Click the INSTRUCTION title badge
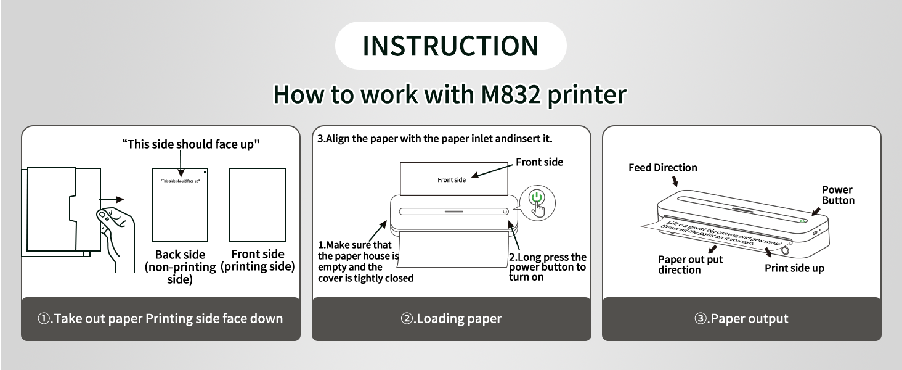click(x=450, y=46)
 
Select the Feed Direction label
click(x=663, y=168)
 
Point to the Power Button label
click(x=838, y=195)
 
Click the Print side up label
click(x=794, y=268)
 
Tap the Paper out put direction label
click(x=690, y=265)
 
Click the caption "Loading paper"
click(x=451, y=319)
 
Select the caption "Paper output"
click(x=741, y=319)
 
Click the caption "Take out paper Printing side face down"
click(x=160, y=319)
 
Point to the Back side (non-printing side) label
click(x=180, y=266)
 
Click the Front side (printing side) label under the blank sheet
click(x=258, y=260)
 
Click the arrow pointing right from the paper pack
click(x=113, y=199)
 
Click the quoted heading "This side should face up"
click(x=191, y=144)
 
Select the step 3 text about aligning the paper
click(x=434, y=139)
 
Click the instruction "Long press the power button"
click(x=547, y=267)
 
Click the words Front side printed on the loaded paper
click(x=452, y=179)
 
